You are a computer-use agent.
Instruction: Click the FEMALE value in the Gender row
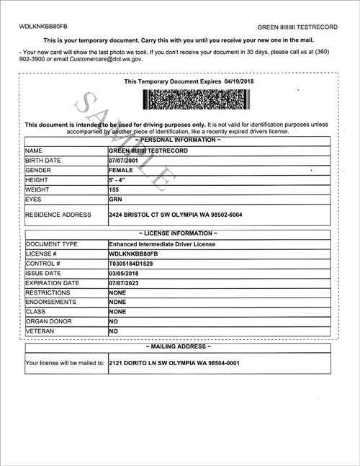coord(121,169)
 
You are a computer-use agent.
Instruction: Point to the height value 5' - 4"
coord(116,179)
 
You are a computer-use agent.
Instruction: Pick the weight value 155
coord(114,189)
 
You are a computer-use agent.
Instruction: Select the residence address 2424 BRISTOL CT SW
coord(174,215)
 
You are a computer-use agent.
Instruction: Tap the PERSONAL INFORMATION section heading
coord(179,139)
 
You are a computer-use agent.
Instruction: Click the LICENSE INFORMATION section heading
coord(179,234)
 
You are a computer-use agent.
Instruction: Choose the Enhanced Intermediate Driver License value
coord(162,245)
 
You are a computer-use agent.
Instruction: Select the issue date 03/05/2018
coord(125,274)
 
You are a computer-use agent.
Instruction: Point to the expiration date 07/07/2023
coord(125,284)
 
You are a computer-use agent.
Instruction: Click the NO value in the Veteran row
coord(113,331)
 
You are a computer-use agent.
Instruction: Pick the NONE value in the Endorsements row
coord(117,303)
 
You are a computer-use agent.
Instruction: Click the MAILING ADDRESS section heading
coord(179,347)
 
